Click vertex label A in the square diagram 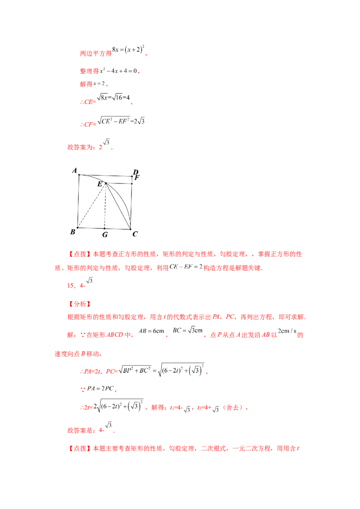[75, 170]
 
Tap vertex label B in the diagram [73, 232]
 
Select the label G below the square [105, 234]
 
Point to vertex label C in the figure [135, 234]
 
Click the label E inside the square [100, 184]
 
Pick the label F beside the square [137, 178]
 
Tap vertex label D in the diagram [135, 172]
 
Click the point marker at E [106, 183]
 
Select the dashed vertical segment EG [105, 206]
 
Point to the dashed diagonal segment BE [92, 205]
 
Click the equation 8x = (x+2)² [128, 49]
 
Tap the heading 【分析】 [80, 304]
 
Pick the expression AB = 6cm [151, 331]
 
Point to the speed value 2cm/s [287, 331]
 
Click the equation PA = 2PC [100, 388]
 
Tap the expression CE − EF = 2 [186, 267]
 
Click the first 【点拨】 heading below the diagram [80, 254]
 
